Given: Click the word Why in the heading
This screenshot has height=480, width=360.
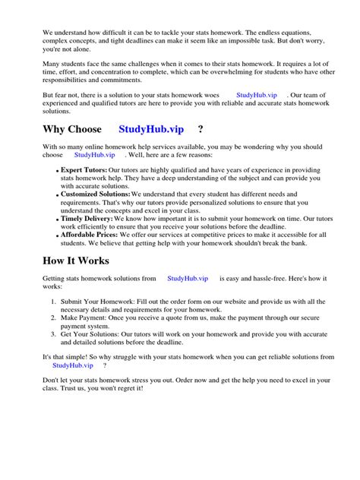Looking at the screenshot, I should [55, 129].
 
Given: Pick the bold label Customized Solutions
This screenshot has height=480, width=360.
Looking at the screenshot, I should [95, 195].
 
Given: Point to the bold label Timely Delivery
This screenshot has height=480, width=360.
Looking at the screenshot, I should [87, 218].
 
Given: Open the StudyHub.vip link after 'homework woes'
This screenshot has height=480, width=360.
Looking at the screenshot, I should [257, 95].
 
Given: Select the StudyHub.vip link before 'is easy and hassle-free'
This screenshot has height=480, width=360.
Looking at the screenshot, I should [188, 279].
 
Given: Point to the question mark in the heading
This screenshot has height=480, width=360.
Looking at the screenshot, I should [200, 129].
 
